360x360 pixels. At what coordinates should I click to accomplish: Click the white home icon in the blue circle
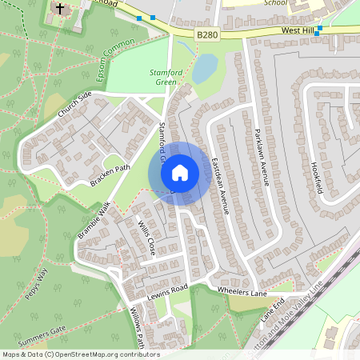coord(180,173)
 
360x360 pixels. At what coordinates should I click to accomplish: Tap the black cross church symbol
coord(58,10)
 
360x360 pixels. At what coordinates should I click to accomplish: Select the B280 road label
coord(206,34)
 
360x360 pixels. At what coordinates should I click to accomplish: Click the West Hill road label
coord(296,30)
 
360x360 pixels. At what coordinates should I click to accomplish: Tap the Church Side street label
coord(75,106)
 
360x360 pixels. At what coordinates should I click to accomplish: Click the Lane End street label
coord(272,310)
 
